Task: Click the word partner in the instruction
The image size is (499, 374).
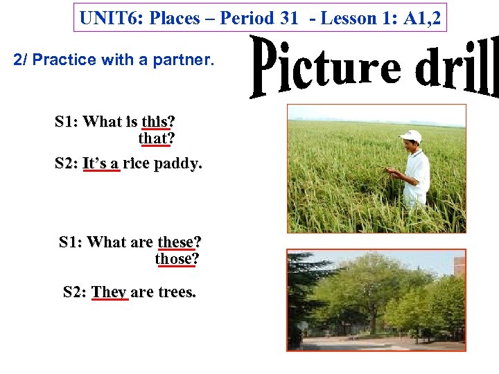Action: (x=189, y=60)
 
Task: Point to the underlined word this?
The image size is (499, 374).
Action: (x=158, y=122)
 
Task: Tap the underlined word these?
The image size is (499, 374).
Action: (x=180, y=242)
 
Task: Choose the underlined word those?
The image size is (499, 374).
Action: (x=177, y=258)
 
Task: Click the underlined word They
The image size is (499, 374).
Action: (x=109, y=292)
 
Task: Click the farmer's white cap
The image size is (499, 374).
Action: (x=412, y=135)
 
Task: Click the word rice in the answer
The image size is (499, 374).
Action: (x=141, y=164)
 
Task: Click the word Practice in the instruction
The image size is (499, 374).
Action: (x=63, y=60)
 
